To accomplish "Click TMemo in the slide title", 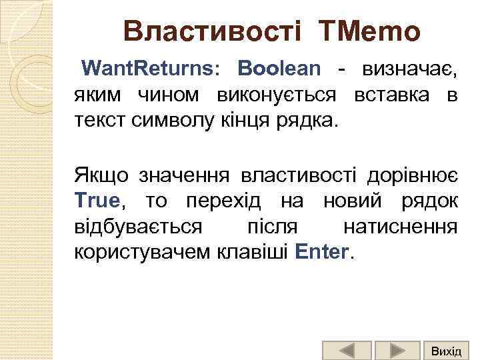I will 370,31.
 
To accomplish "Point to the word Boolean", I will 279,68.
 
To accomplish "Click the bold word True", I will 97,201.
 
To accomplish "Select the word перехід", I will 214,201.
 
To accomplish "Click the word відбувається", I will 138,227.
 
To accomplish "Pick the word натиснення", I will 400,227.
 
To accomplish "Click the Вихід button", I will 445,350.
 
